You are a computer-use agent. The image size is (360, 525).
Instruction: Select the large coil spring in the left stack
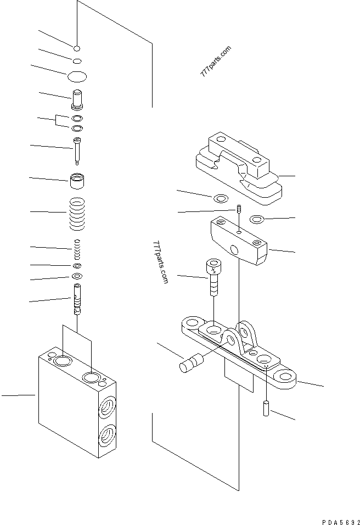(77, 214)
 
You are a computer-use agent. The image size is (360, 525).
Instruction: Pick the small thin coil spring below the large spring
(77, 250)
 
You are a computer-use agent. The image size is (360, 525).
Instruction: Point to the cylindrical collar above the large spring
(77, 180)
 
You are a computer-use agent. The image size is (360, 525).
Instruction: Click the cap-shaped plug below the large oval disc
(77, 100)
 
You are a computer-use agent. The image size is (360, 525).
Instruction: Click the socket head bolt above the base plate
(213, 277)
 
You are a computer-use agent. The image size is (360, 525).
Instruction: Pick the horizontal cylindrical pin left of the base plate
(192, 364)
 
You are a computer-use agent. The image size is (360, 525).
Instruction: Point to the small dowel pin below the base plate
(266, 409)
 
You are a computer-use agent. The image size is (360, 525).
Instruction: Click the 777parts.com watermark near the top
(215, 61)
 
